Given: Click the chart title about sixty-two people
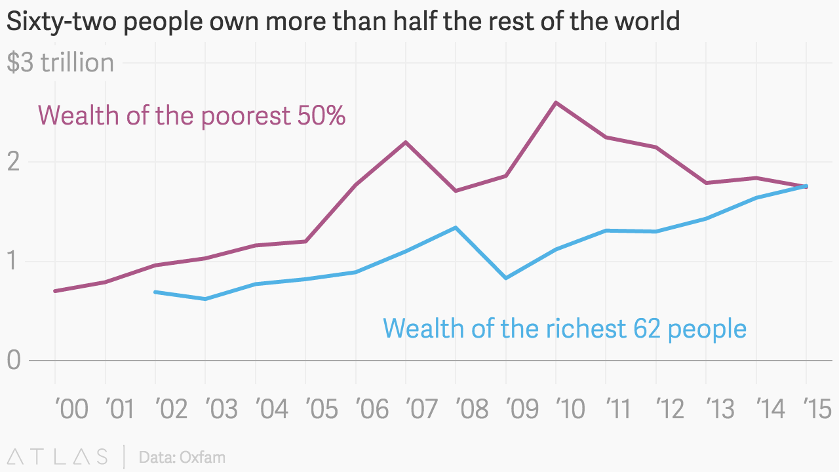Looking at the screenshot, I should point(343,21).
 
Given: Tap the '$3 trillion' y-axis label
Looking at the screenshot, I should point(60,63).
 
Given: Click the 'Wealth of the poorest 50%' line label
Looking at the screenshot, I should point(191,116).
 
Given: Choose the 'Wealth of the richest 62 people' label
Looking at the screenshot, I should point(564,328).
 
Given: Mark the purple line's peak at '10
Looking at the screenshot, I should point(556,102).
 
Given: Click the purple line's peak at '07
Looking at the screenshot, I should point(406,142).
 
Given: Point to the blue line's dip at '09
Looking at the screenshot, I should point(506,278).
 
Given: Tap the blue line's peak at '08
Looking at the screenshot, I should point(456,227).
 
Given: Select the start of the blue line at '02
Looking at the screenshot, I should point(155,292).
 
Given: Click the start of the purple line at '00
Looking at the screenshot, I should point(55,290).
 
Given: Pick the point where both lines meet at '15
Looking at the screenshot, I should point(806,186).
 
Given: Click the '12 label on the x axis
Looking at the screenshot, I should point(671,410).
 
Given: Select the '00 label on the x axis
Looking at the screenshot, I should point(71,410).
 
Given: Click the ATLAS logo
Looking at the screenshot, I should point(58,456).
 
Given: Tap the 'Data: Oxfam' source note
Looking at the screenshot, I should point(182,457).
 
